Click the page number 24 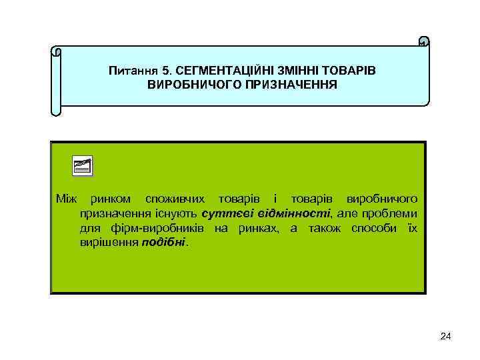coord(446,337)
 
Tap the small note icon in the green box coord(83,166)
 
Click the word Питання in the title coord(131,70)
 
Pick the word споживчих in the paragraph coord(177,199)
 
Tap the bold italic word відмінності coord(291,213)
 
